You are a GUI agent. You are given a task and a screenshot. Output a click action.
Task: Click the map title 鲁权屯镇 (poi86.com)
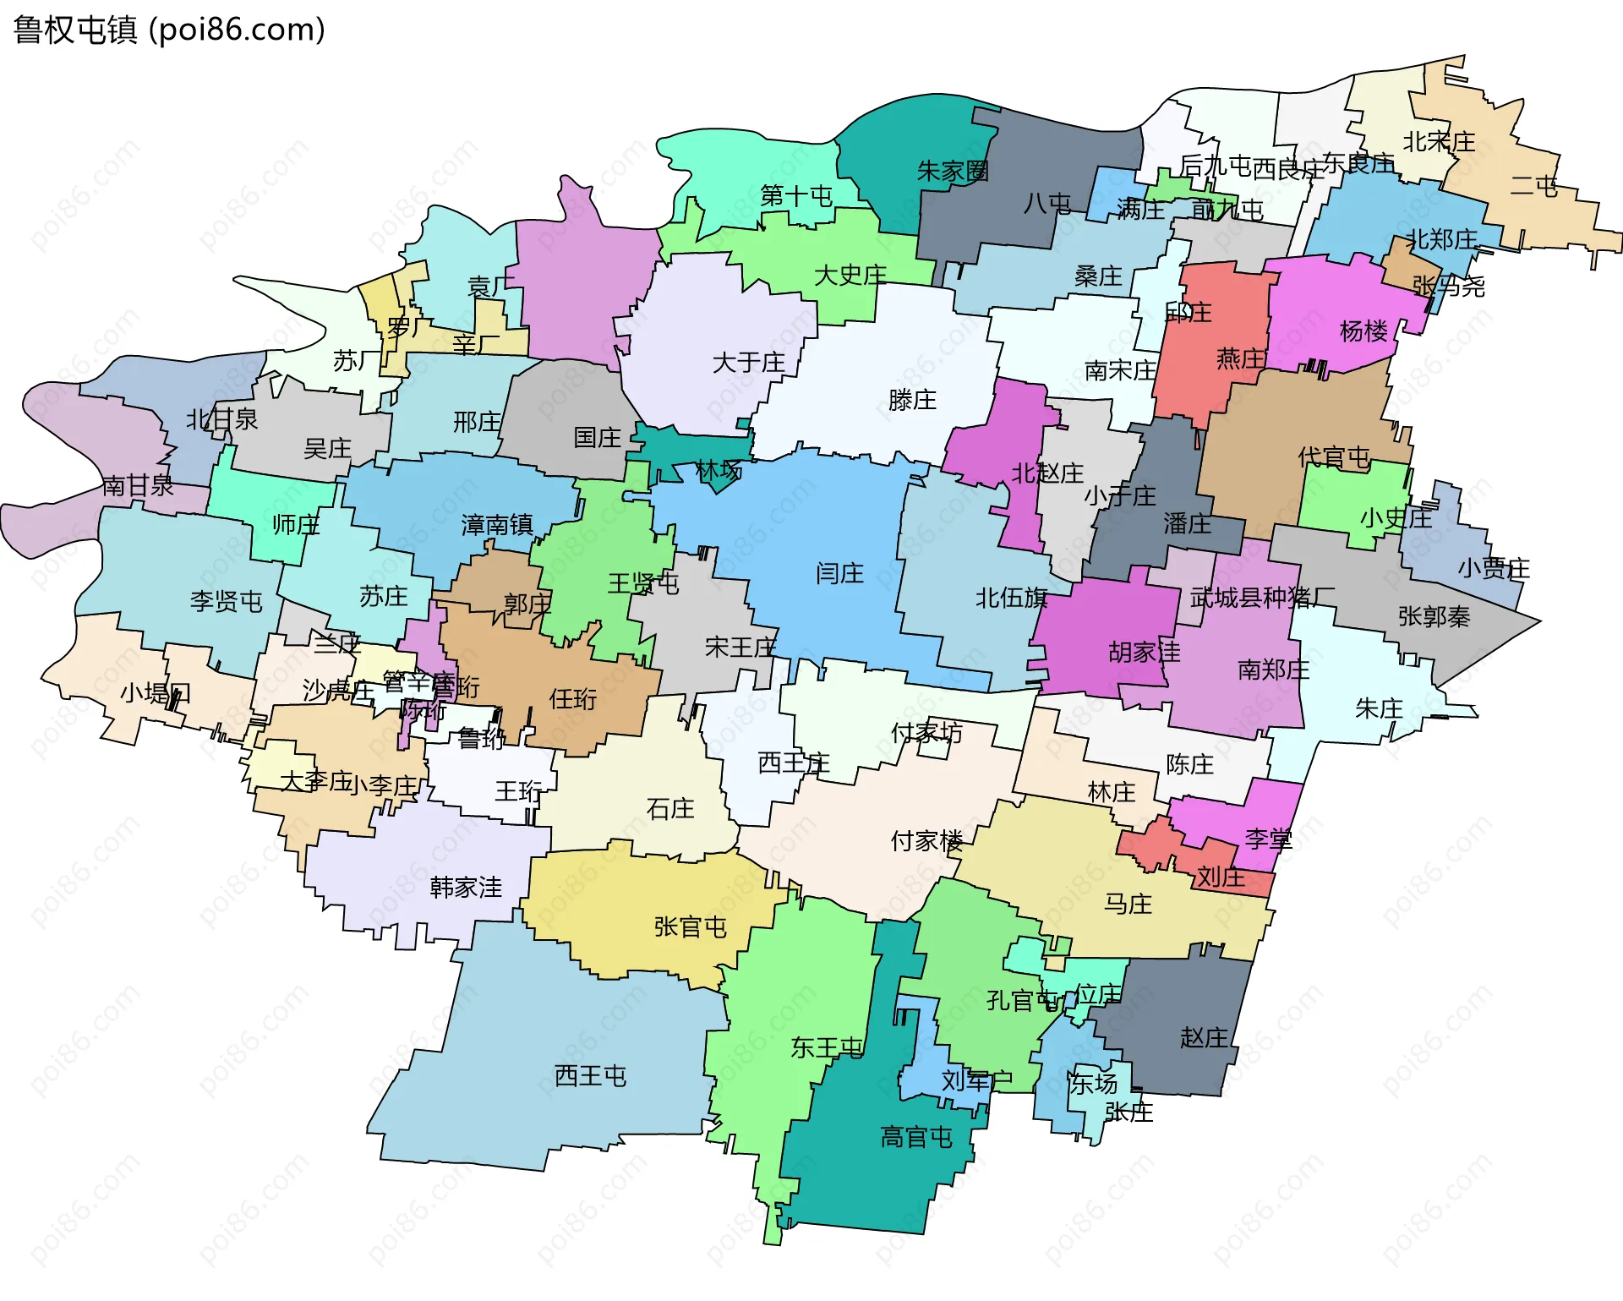pos(169,30)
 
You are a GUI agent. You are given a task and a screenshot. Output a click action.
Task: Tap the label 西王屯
pos(590,1076)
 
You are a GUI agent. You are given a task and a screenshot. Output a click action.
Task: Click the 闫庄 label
pos(839,574)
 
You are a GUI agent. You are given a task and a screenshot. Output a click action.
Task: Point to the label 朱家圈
pos(953,172)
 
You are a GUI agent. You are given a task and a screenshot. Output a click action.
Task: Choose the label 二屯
pos(1533,186)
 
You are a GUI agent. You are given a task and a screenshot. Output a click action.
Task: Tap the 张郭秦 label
pos(1434,616)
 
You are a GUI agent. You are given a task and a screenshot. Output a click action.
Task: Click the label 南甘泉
pos(138,485)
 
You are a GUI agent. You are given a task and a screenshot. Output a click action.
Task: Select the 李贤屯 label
pos(226,602)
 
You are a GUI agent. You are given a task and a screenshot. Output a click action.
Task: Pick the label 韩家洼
pos(466,888)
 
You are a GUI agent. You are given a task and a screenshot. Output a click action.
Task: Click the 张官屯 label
pos(690,927)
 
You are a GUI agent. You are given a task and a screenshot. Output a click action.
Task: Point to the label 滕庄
pos(912,400)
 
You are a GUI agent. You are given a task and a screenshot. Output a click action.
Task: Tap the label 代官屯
pos(1334,458)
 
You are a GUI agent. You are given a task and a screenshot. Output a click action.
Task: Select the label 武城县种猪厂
pos(1262,599)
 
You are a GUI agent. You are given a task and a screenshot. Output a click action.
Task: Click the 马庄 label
pos(1128,905)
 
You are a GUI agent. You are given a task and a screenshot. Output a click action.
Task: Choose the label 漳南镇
pos(497,525)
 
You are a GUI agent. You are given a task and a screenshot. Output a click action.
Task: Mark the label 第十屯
pos(795,196)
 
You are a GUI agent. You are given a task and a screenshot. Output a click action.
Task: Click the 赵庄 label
pos(1204,1037)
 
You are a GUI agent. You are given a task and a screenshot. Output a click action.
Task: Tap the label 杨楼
pos(1363,331)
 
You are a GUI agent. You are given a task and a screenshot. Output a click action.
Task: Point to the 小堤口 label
pos(156,693)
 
